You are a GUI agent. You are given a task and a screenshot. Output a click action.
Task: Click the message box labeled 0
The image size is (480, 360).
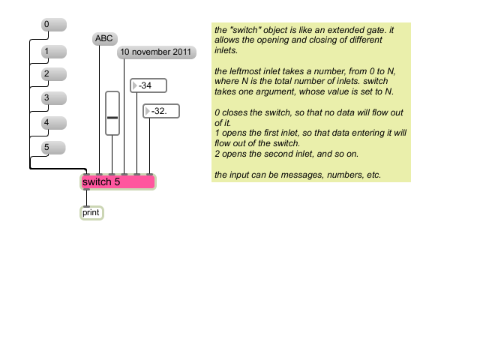coord(54,25)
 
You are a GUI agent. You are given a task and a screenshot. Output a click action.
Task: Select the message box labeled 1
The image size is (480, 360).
coord(54,52)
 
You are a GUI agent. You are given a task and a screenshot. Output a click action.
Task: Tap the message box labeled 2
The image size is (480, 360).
coord(54,74)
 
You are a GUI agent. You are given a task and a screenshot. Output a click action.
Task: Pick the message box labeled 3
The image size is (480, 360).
coord(54,98)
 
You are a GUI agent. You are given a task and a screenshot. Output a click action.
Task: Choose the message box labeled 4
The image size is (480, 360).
coord(54,123)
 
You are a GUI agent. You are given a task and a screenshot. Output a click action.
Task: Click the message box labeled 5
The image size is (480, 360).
coord(53,148)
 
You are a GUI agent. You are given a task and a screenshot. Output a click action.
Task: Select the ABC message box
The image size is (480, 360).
coord(105,39)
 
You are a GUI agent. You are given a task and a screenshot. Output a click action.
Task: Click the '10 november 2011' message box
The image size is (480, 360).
coord(157,52)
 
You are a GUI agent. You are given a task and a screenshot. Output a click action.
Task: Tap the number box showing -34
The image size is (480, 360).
coord(148,85)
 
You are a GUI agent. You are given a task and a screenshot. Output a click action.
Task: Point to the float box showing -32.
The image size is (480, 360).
coord(161,111)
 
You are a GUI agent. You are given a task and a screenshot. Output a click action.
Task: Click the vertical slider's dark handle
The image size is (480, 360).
coord(112,118)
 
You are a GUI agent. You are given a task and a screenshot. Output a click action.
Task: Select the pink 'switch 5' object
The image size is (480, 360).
coord(118,182)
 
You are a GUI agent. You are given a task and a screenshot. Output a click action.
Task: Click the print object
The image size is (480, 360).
coord(91,213)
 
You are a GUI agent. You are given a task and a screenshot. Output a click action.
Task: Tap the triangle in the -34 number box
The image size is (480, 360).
coord(134,85)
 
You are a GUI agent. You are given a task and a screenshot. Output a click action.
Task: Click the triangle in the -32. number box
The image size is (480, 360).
coord(147,111)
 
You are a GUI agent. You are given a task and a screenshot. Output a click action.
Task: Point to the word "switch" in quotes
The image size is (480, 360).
coord(245,30)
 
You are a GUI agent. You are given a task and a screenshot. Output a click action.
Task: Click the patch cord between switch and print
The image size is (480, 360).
coord(87,198)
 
